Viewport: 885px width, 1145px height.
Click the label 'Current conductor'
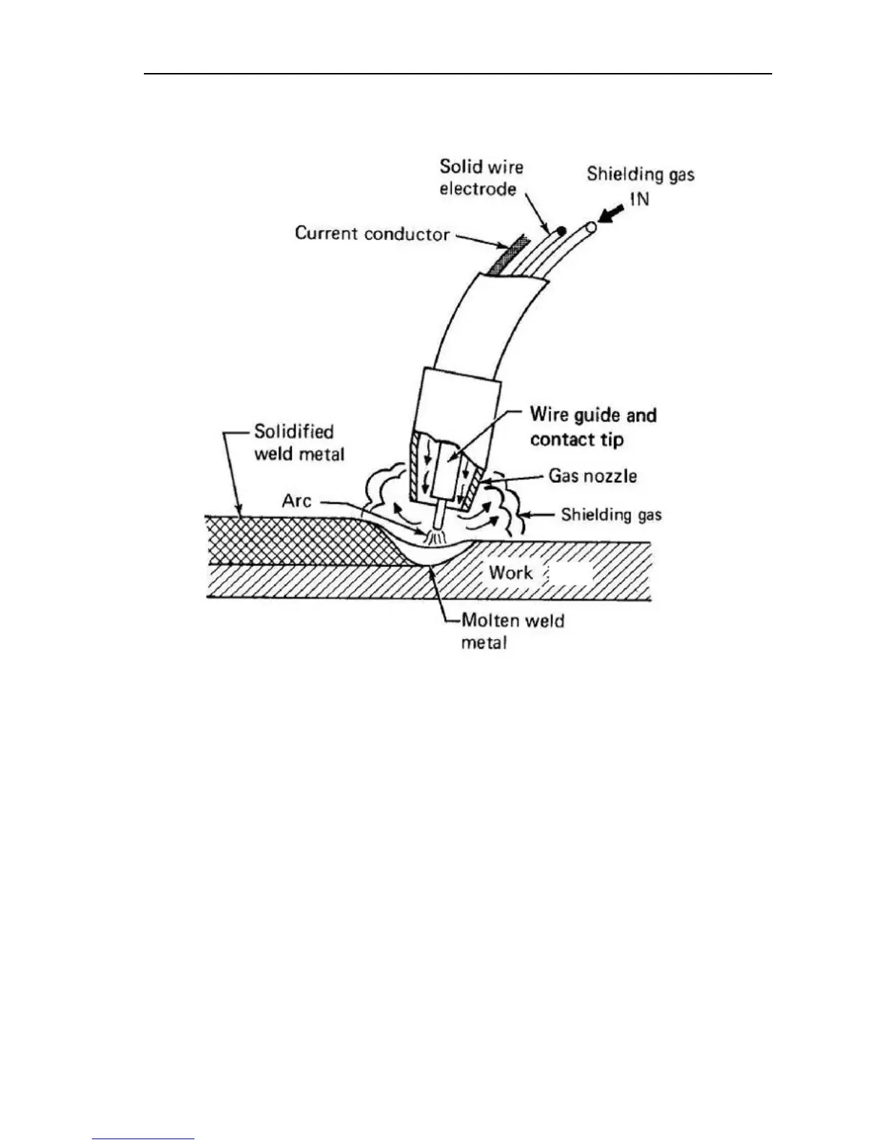point(372,233)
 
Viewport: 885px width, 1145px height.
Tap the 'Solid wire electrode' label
point(481,178)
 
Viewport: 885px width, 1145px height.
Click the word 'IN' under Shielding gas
point(638,199)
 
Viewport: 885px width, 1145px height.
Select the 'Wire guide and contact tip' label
point(593,427)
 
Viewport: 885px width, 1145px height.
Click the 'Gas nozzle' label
point(592,476)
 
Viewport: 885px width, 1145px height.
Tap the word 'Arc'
point(296,500)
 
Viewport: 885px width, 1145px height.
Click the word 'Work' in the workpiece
point(510,572)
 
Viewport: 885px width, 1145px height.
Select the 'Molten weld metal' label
point(512,631)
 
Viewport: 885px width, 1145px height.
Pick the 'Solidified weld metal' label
point(299,442)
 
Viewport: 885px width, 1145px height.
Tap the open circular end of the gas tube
point(591,227)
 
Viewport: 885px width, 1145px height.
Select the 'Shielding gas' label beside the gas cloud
point(611,515)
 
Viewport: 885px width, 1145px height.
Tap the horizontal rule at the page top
point(457,73)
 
